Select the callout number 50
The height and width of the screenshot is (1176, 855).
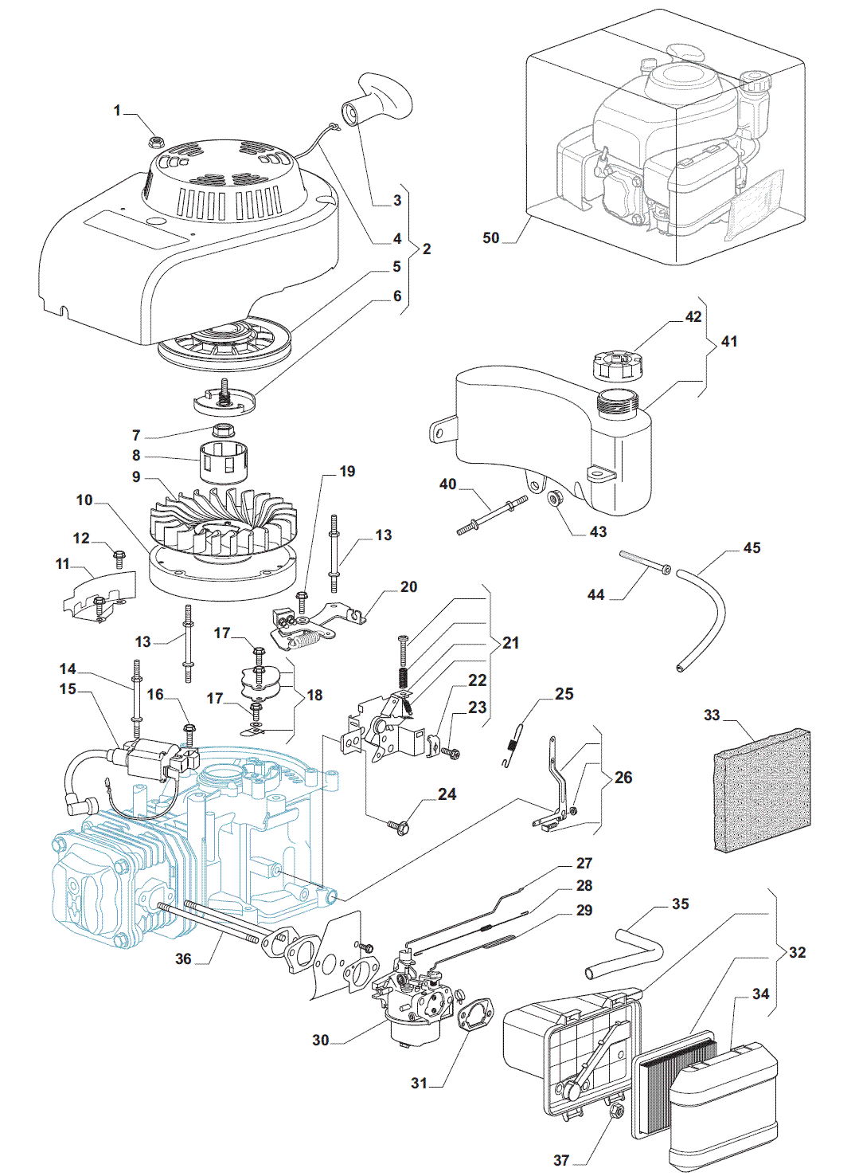pos(491,237)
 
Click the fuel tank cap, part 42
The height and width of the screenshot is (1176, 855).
pos(617,367)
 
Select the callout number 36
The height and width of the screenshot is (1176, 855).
pos(183,958)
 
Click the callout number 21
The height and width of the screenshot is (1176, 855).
pos(510,642)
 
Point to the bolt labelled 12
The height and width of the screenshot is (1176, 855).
pos(119,555)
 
